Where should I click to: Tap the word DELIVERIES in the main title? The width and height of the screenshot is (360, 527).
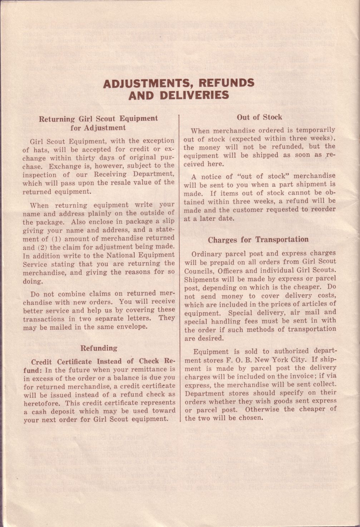[x=194, y=95]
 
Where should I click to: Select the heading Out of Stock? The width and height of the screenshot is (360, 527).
[x=259, y=117]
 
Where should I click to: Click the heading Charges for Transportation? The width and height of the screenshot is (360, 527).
[x=258, y=239]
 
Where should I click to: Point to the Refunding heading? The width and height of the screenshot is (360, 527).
[x=99, y=348]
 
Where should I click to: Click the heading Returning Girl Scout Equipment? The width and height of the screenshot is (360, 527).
[x=98, y=119]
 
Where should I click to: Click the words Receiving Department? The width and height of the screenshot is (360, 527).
[x=134, y=174]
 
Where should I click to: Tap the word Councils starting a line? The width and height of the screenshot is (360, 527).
[x=198, y=271]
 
